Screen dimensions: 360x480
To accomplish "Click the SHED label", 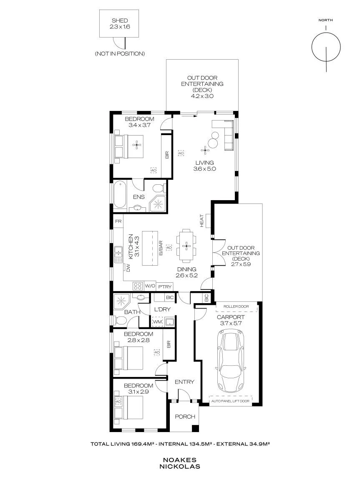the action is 120,20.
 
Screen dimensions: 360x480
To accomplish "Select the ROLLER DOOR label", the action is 236,307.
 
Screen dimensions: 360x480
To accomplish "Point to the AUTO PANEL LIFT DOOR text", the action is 230,401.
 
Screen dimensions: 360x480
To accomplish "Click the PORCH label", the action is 185,417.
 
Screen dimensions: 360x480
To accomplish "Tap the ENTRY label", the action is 184,382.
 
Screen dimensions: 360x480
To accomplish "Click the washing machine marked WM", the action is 157,322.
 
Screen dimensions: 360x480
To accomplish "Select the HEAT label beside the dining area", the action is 202,221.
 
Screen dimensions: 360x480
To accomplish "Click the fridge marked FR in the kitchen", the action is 118,221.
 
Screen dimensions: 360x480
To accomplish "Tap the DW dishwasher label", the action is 128,268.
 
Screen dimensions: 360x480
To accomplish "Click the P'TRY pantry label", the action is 165,287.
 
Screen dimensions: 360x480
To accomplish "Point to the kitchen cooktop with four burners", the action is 138,286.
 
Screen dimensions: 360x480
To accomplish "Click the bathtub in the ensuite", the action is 120,195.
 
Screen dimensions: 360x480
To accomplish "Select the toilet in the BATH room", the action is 121,321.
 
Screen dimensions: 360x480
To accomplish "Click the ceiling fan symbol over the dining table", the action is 186,246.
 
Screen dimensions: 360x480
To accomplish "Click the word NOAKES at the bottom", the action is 180,460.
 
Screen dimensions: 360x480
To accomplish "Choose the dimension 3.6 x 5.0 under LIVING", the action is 204,168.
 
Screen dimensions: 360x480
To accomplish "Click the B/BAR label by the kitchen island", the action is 161,248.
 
